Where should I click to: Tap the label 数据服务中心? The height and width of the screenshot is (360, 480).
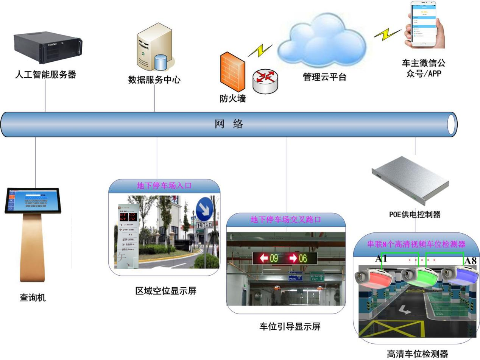click(x=154, y=80)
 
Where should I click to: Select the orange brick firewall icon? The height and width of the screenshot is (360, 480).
click(x=232, y=72)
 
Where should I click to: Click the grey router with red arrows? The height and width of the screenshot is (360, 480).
click(x=265, y=81)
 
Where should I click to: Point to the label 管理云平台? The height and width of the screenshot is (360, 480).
click(x=324, y=77)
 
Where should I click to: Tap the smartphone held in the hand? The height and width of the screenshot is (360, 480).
click(x=424, y=24)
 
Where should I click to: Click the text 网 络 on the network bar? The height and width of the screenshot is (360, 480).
click(x=229, y=124)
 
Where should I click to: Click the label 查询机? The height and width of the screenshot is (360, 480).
click(x=33, y=298)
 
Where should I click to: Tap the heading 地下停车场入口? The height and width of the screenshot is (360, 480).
click(x=164, y=186)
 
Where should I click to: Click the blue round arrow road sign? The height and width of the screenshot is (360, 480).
click(x=205, y=209)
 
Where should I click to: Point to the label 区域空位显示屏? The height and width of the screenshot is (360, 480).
click(x=166, y=291)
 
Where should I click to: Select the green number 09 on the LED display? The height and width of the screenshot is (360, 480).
click(x=273, y=259)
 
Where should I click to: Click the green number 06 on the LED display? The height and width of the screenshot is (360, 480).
click(x=303, y=259)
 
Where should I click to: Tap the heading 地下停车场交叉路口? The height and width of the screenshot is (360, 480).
click(x=286, y=220)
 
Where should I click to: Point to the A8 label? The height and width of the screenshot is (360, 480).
click(x=470, y=261)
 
